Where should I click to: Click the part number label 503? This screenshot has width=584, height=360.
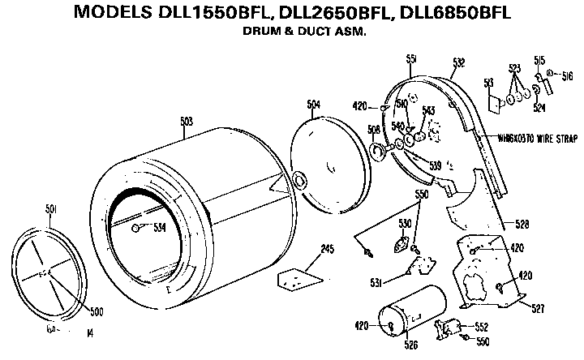pos(186,121)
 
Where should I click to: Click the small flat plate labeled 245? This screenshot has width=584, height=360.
pos(298,277)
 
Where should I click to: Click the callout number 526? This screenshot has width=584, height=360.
pos(412,345)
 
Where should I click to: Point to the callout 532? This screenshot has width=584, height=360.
pos(458,62)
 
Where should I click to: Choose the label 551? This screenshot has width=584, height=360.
pos(411,59)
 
